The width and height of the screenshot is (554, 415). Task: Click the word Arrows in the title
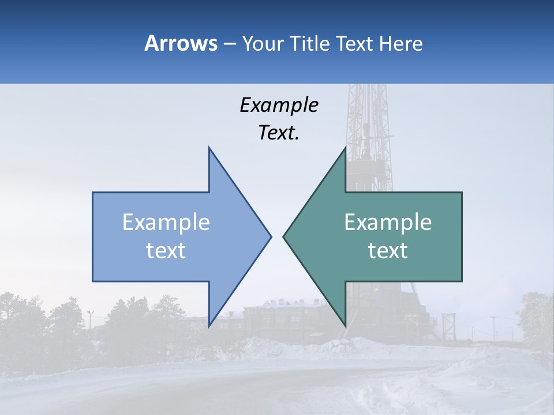(181, 43)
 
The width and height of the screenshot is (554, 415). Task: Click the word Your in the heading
(263, 43)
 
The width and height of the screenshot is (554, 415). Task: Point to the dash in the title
(229, 44)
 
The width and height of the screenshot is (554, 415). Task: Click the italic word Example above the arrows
(279, 105)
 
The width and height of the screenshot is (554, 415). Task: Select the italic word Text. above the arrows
(279, 133)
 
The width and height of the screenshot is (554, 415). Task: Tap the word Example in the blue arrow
(166, 222)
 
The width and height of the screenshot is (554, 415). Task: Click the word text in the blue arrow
(166, 250)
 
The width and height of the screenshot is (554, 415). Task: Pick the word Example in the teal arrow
(388, 222)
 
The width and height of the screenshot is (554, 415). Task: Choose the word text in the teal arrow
(388, 250)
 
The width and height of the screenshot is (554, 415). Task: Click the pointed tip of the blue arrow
(270, 236)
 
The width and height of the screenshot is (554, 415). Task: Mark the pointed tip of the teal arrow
(284, 236)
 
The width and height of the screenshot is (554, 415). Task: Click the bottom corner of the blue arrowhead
(209, 325)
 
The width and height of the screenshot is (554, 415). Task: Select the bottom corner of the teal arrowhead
(345, 325)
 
